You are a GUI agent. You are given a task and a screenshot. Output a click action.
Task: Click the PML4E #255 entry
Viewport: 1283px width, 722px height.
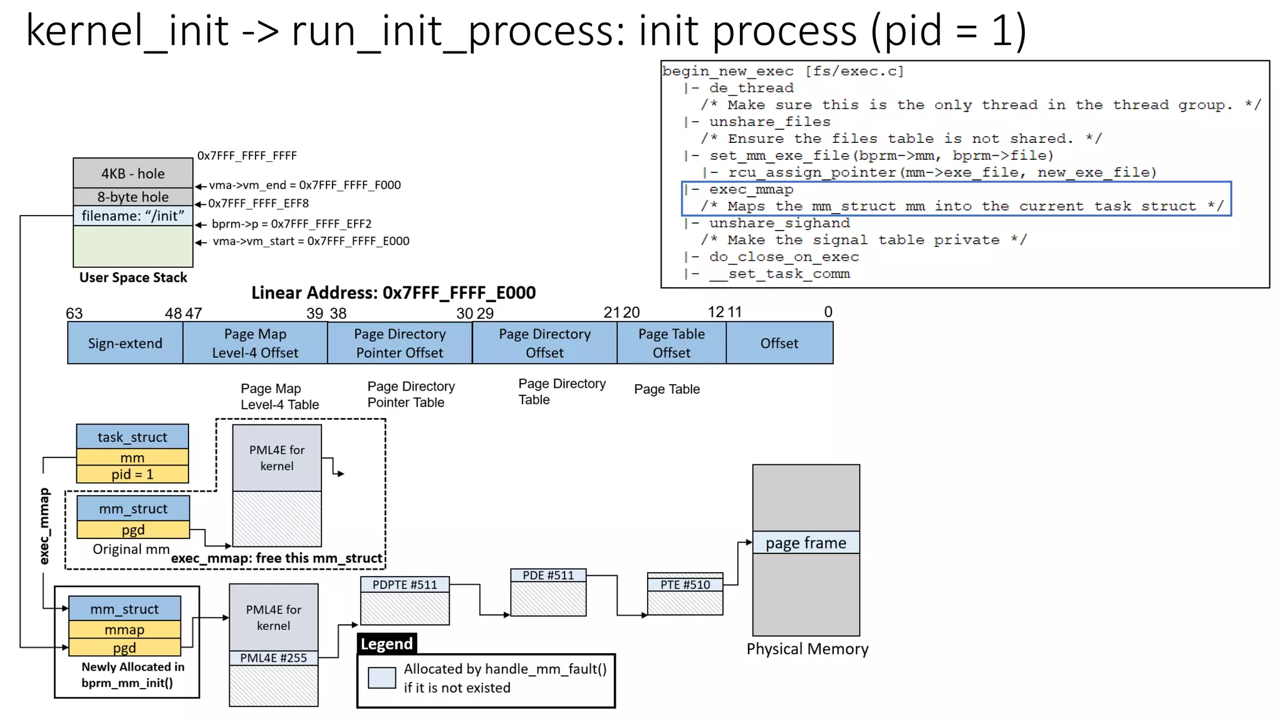click(273, 657)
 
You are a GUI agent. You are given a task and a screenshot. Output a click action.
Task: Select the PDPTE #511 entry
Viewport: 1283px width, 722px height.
click(405, 585)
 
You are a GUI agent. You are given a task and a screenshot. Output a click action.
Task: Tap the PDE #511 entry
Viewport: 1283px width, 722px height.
click(548, 575)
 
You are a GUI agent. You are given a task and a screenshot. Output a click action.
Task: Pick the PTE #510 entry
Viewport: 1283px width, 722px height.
click(685, 585)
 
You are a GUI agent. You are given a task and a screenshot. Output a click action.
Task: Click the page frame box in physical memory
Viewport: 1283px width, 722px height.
click(806, 543)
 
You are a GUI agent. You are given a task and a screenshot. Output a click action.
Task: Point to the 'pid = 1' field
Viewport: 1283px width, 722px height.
click(132, 474)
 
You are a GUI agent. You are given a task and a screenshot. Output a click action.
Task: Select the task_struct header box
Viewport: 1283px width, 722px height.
click(132, 437)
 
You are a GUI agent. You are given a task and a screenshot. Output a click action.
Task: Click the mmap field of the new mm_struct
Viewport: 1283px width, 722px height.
click(125, 629)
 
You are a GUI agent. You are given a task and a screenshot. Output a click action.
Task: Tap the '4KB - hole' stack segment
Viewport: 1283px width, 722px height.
click(133, 174)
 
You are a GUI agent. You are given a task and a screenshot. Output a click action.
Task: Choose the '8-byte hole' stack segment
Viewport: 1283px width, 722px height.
click(133, 197)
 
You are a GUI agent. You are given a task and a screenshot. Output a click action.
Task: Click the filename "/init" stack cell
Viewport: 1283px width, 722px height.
click(133, 216)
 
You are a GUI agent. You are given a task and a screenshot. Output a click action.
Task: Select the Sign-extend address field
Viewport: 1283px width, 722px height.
click(125, 343)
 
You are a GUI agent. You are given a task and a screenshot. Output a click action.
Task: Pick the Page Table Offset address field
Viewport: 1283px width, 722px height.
click(671, 343)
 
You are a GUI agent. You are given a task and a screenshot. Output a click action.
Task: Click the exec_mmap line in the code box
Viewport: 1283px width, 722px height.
click(751, 189)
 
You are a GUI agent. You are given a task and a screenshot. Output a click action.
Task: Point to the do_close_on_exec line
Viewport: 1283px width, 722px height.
click(783, 257)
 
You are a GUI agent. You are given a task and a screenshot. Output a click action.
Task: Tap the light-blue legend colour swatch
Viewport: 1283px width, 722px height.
click(382, 678)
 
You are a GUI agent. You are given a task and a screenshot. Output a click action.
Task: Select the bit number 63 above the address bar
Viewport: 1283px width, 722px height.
click(74, 313)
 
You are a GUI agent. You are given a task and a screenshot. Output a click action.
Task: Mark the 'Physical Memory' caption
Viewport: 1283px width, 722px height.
click(807, 649)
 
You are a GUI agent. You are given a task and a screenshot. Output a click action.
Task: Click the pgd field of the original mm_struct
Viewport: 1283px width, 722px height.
click(133, 530)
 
